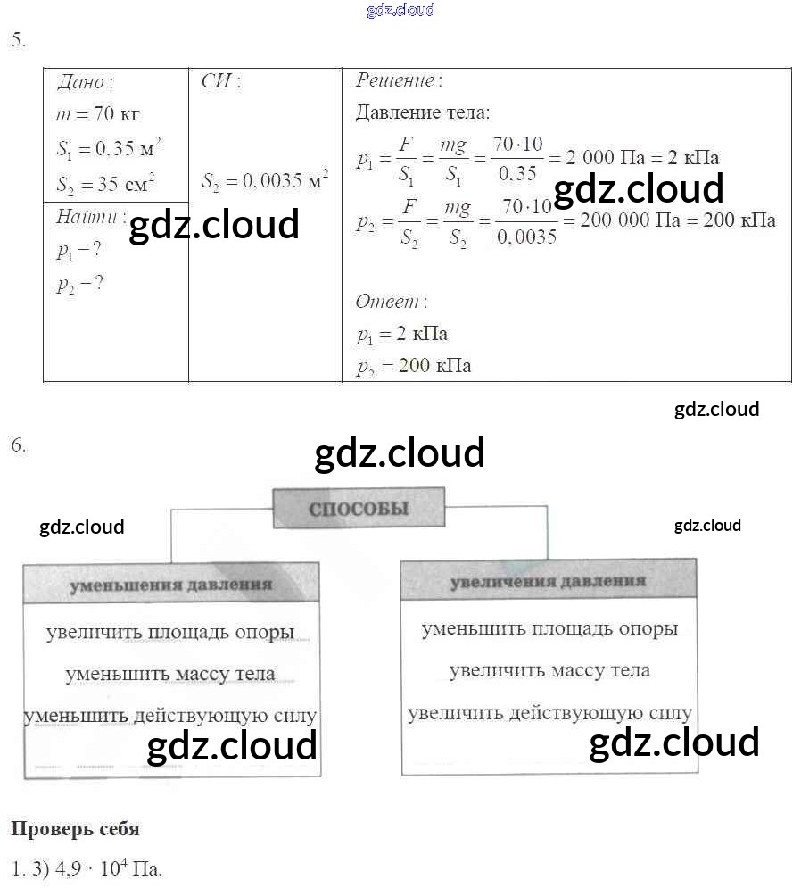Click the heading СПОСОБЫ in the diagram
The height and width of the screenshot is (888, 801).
(x=358, y=509)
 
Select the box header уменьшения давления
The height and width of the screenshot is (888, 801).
(x=170, y=585)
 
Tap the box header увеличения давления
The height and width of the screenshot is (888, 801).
(x=547, y=581)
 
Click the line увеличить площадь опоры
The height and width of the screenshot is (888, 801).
(x=170, y=633)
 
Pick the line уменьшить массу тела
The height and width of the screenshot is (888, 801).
(x=169, y=674)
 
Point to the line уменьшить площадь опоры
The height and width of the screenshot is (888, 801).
(x=549, y=629)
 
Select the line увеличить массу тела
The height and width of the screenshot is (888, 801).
(x=549, y=670)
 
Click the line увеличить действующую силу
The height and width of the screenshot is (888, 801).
(x=549, y=713)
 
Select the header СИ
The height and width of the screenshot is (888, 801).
(x=219, y=81)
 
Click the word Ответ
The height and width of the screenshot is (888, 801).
(x=389, y=302)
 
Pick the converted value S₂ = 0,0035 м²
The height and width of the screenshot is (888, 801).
(x=264, y=181)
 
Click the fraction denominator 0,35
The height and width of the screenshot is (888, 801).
(x=516, y=174)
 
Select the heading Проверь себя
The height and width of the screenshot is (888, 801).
(x=75, y=829)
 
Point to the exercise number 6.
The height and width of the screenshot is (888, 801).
(x=18, y=446)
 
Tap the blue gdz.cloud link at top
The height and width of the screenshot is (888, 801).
(x=400, y=10)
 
